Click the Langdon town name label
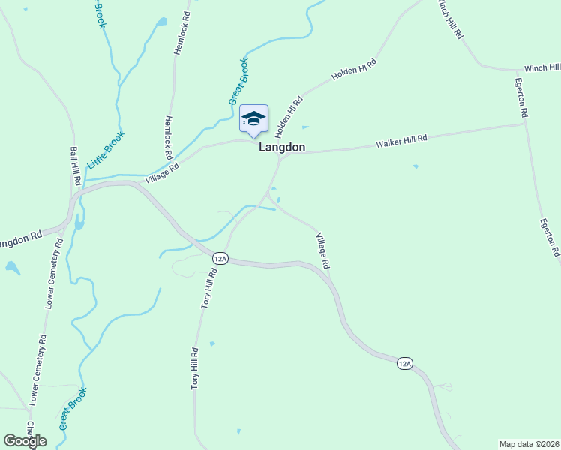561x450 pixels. pos(282,148)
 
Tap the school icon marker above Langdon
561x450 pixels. pos(253,119)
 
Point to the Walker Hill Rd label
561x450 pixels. pos(401,140)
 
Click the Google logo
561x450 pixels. pos(25,441)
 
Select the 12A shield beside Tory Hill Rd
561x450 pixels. pos(219,258)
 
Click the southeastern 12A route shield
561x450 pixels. pos(404,364)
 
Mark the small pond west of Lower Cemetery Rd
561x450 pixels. pos(12,267)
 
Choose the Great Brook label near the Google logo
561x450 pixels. pos(73,407)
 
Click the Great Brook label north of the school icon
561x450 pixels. pos(238,81)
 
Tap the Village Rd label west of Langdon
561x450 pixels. pos(163,172)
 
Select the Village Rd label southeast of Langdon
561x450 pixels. pos(322,250)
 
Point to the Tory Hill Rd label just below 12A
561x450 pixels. pos(209,288)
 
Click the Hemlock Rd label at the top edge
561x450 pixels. pos(181,32)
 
